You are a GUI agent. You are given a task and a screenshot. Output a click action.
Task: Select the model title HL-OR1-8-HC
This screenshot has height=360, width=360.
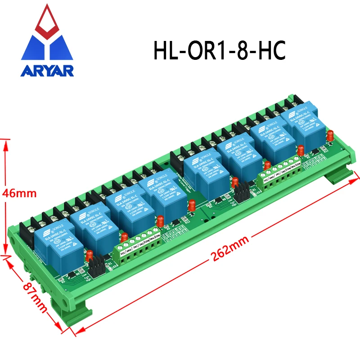pyautogui.click(x=219, y=51)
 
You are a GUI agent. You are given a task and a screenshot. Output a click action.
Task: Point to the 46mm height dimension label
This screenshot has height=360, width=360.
pyautogui.click(x=18, y=193)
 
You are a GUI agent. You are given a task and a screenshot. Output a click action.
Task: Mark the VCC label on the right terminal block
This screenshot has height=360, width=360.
pyautogui.click(x=266, y=180)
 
